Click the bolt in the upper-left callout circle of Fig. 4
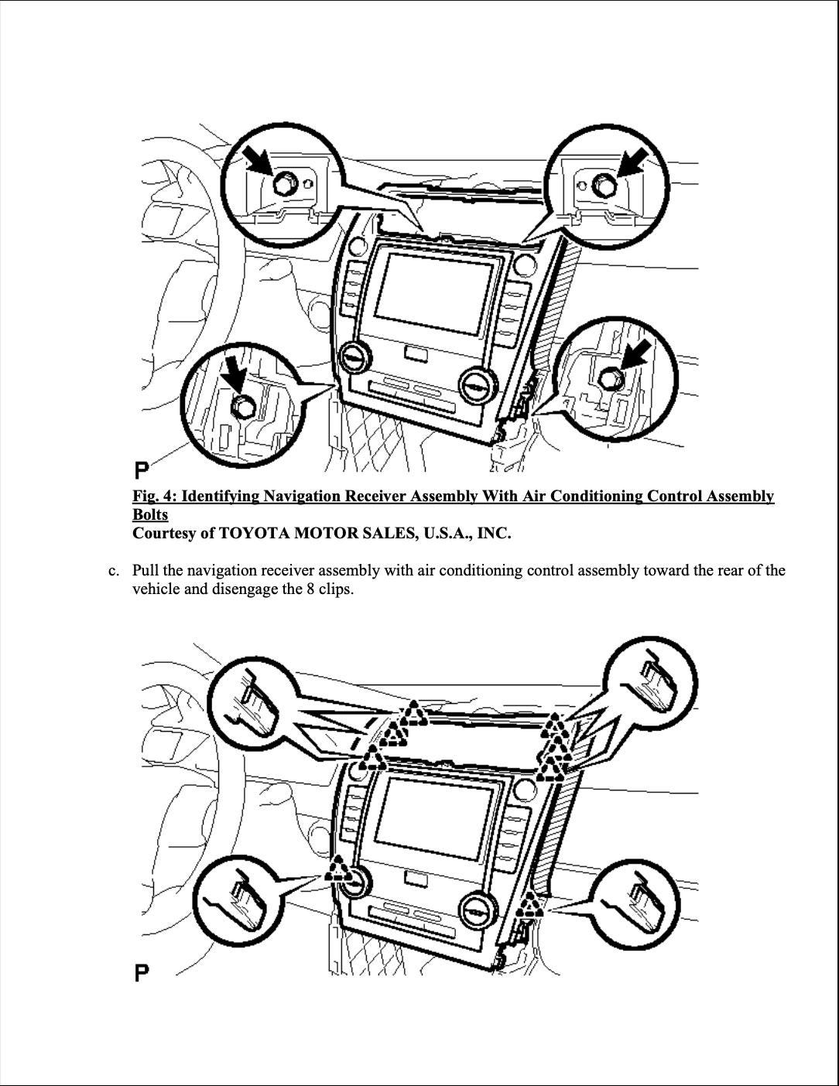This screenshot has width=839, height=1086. coord(283,183)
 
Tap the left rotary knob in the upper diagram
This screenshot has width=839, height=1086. coord(355,357)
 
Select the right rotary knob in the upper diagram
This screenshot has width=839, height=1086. coord(474,384)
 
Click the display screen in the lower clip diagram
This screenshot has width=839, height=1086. coord(434,818)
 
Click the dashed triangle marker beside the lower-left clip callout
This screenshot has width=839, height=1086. coord(337,869)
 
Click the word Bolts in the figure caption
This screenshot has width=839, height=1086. coord(150,514)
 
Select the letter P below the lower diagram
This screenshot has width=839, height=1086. coord(142,972)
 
